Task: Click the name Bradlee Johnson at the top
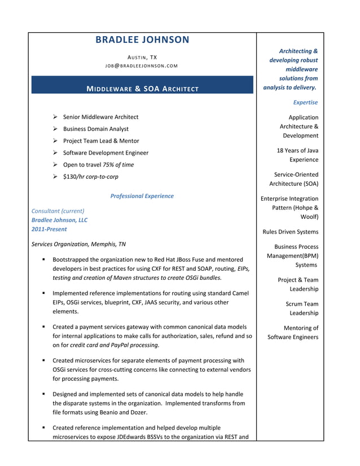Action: [x=142, y=39]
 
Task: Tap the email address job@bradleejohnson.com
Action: [x=142, y=66]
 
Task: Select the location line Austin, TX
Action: [x=142, y=58]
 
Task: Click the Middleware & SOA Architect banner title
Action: [x=142, y=89]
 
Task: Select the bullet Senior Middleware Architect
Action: [x=100, y=117]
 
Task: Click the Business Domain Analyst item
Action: [x=95, y=129]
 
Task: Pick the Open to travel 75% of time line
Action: [x=98, y=165]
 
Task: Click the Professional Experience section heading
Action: [x=142, y=196]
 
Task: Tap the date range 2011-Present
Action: [x=49, y=229]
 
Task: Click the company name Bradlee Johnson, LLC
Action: [x=59, y=220]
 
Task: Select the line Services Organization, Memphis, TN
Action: [x=78, y=244]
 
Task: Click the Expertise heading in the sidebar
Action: [x=305, y=103]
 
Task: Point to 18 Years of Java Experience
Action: [x=297, y=155]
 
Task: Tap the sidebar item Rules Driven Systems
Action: [x=290, y=232]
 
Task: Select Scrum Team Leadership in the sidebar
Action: [x=302, y=309]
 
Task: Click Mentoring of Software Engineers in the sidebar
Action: [x=293, y=332]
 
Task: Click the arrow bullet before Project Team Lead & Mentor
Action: [x=55, y=141]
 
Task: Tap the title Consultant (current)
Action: [x=58, y=211]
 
